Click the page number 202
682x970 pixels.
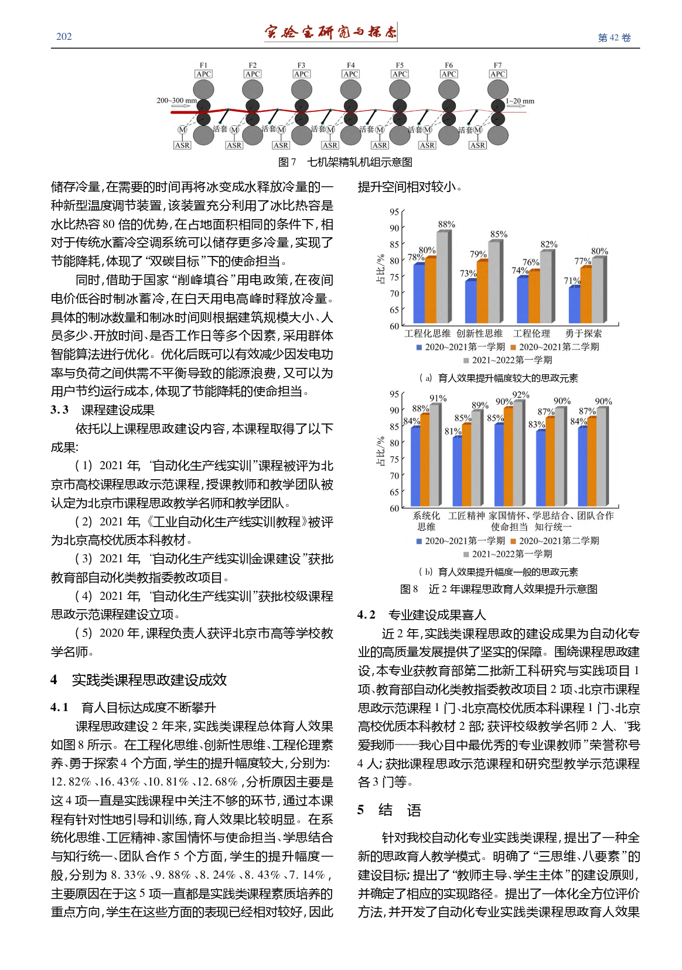pyautogui.click(x=64, y=37)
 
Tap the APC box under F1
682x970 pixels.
pyautogui.click(x=203, y=74)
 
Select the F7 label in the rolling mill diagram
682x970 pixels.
pyautogui.click(x=497, y=65)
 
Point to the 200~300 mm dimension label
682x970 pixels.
pyautogui.click(x=176, y=101)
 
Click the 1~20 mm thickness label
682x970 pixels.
pyautogui.click(x=520, y=101)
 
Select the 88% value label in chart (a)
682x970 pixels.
pyautogui.click(x=446, y=224)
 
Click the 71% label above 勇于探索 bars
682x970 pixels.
pyautogui.click(x=572, y=281)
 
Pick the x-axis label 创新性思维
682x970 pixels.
pyautogui.click(x=479, y=333)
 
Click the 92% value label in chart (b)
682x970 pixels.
pyautogui.click(x=521, y=395)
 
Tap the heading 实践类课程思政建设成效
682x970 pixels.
pyautogui.click(x=149, y=680)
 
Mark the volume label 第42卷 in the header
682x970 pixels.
pyautogui.click(x=614, y=37)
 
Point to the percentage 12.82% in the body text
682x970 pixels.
pyautogui.click(x=71, y=782)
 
